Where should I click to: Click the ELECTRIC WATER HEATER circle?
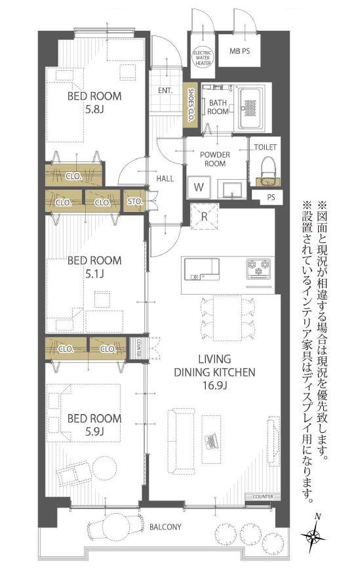(203, 58)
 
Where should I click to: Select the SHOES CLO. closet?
(191, 106)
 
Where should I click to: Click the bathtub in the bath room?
(252, 108)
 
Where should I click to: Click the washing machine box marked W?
(199, 187)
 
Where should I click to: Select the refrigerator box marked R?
(204, 217)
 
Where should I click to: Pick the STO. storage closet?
(134, 201)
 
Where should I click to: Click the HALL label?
(165, 178)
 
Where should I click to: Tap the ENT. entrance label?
(165, 91)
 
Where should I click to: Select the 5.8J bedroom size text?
(94, 110)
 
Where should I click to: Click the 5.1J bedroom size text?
(94, 274)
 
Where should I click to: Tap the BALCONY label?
(165, 527)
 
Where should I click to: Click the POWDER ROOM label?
(215, 159)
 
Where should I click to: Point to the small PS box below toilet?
(271, 197)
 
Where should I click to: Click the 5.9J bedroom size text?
(94, 432)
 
